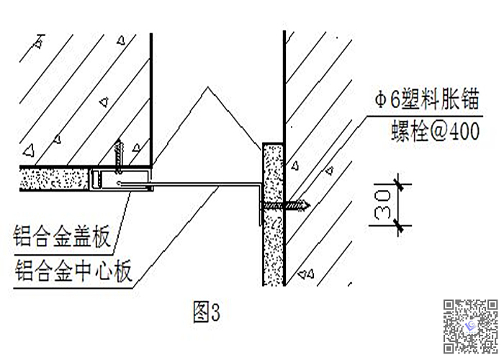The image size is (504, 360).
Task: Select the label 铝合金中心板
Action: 72,272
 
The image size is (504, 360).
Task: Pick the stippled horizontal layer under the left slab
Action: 54,179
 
